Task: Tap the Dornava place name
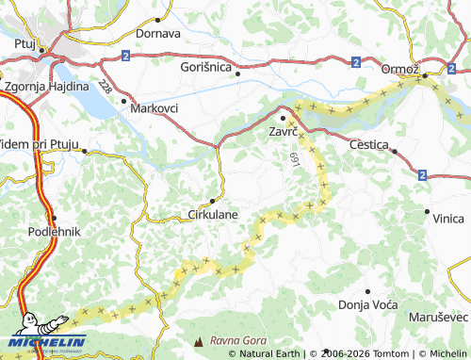tap(158, 33)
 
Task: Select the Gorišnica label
tap(205, 67)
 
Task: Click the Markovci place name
tap(154, 108)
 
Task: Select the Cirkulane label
tap(213, 214)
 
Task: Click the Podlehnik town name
tap(55, 231)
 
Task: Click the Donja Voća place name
tap(367, 306)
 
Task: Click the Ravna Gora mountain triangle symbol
tap(198, 340)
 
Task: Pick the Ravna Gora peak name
tap(238, 340)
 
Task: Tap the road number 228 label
tap(105, 88)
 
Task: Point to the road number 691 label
tap(295, 160)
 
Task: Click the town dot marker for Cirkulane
tap(214, 200)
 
